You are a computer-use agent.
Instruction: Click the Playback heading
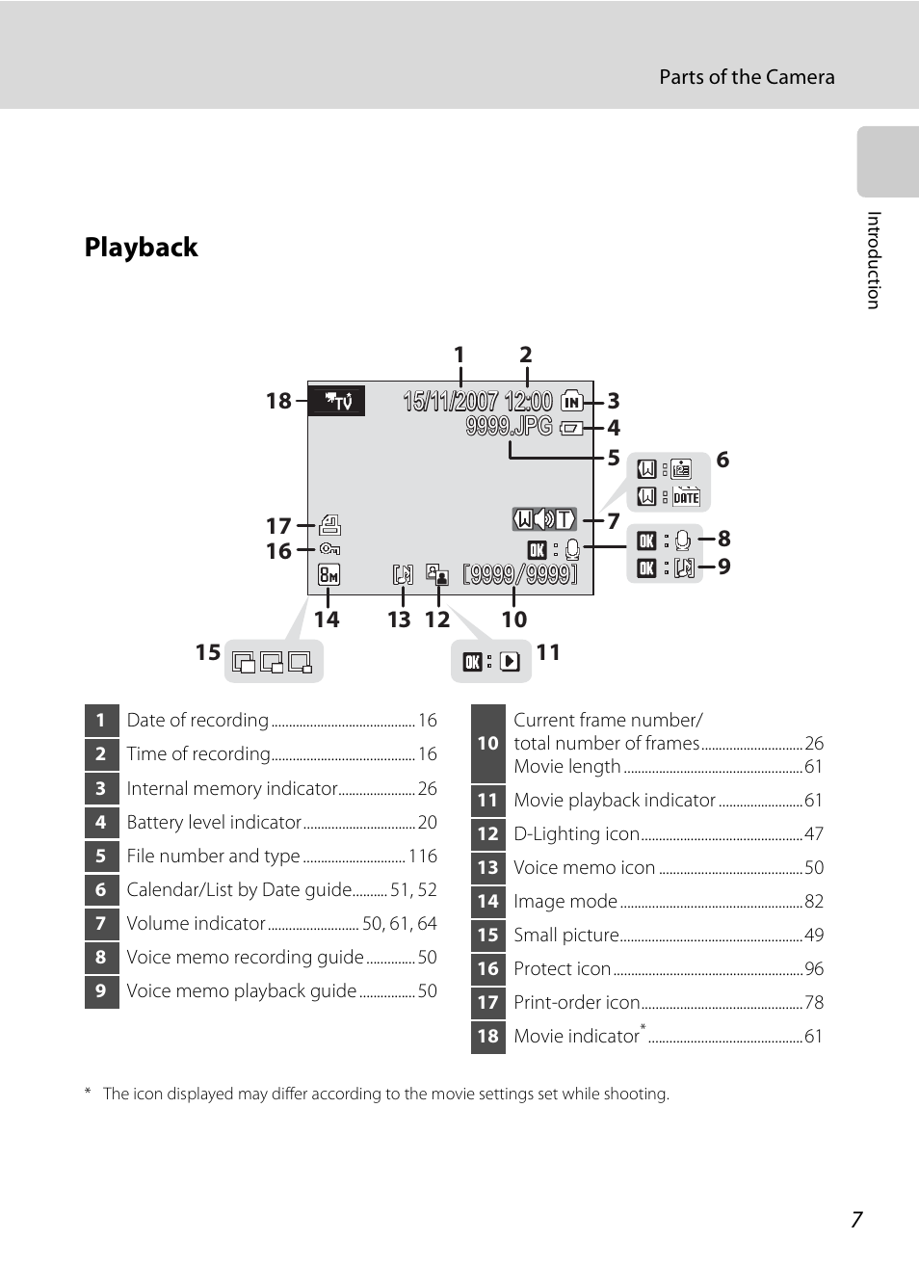[x=141, y=247]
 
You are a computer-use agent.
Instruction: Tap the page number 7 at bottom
[x=856, y=1220]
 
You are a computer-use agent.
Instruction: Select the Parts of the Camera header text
[x=747, y=77]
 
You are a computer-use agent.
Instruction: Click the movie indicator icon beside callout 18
[x=336, y=401]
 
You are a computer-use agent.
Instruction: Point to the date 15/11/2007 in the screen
[x=451, y=401]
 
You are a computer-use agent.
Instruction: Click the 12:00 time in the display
[x=528, y=401]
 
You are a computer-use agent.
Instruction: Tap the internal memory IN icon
[x=572, y=401]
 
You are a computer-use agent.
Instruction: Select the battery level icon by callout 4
[x=571, y=429]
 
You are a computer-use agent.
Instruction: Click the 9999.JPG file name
[x=509, y=426]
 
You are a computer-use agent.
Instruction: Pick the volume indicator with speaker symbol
[x=544, y=519]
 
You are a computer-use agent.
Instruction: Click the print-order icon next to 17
[x=329, y=525]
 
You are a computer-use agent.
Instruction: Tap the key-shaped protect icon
[x=329, y=549]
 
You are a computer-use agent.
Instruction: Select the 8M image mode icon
[x=328, y=575]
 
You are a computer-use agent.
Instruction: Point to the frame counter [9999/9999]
[x=520, y=575]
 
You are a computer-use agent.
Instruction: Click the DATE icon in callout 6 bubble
[x=686, y=496]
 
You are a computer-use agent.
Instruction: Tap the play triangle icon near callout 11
[x=510, y=661]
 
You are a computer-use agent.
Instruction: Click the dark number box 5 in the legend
[x=102, y=857]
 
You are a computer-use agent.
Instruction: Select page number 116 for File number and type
[x=423, y=857]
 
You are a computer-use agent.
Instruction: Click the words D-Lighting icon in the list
[x=576, y=833]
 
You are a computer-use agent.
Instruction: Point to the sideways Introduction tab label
[x=874, y=260]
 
